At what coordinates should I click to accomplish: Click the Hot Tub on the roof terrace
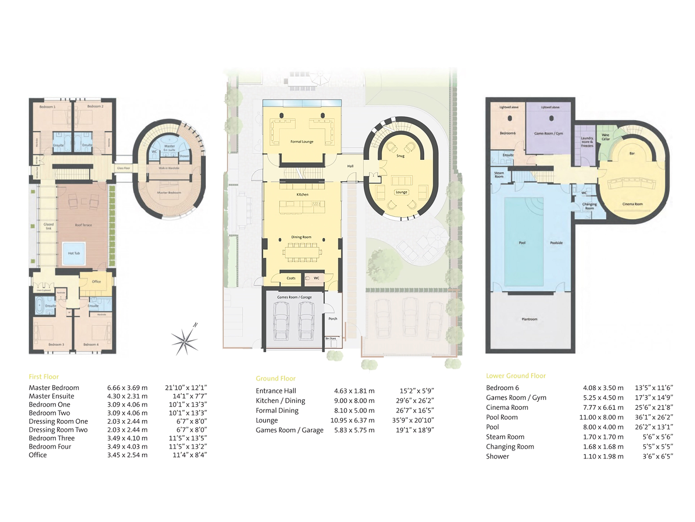coord(74,253)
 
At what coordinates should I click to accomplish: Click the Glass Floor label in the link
coord(124,168)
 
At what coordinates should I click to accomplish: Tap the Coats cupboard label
coord(291,278)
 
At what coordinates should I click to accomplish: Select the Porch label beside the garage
coord(333,319)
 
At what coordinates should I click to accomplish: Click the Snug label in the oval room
coord(400,156)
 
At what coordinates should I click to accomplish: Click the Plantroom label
coord(529,319)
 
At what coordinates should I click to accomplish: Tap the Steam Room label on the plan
coord(499,175)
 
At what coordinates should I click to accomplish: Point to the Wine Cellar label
coord(606,137)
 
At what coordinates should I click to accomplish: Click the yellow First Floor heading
coord(44,377)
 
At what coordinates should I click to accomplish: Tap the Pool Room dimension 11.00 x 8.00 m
coord(601,417)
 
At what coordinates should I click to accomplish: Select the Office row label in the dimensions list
coord(38,455)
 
